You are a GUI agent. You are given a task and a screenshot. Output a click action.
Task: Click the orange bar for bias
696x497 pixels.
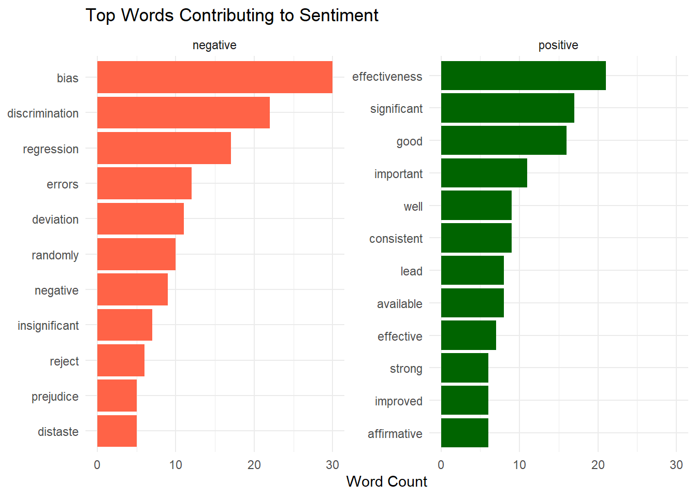coord(214,77)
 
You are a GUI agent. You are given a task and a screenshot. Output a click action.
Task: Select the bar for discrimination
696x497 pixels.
coord(183,112)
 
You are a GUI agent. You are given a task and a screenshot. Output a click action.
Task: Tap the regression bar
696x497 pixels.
coord(164,148)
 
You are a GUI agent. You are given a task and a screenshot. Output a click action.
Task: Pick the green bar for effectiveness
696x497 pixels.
coord(523,76)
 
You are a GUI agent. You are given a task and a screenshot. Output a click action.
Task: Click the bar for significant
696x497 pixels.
coord(508,108)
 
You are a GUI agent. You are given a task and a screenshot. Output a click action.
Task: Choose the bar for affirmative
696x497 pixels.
coord(465,433)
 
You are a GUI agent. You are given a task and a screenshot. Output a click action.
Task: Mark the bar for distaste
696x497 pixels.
coord(117,431)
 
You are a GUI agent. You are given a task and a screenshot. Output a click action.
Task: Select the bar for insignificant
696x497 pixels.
coord(125,325)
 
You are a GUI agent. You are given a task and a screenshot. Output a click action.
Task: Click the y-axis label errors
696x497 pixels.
coord(63,184)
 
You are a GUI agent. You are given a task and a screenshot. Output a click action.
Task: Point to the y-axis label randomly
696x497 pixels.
coord(55,255)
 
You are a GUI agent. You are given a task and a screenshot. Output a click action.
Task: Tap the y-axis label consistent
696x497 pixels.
coord(396,239)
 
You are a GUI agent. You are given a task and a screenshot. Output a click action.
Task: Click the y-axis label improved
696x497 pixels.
coord(398,401)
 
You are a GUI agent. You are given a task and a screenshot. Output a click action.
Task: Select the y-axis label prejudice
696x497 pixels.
coord(55,397)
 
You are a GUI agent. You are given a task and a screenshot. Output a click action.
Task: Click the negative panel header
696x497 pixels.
coord(214,45)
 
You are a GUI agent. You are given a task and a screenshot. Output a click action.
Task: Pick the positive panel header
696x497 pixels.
coord(558,45)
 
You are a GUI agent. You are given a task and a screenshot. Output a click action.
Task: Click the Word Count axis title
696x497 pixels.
coord(386,481)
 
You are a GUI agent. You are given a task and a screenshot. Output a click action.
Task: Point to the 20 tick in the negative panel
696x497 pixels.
coord(254,465)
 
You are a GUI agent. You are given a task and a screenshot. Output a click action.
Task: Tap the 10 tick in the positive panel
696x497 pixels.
coord(519,465)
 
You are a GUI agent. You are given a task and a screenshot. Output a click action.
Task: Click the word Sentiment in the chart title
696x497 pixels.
coord(339,16)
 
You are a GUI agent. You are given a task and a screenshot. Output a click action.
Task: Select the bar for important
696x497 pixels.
coord(484,173)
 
